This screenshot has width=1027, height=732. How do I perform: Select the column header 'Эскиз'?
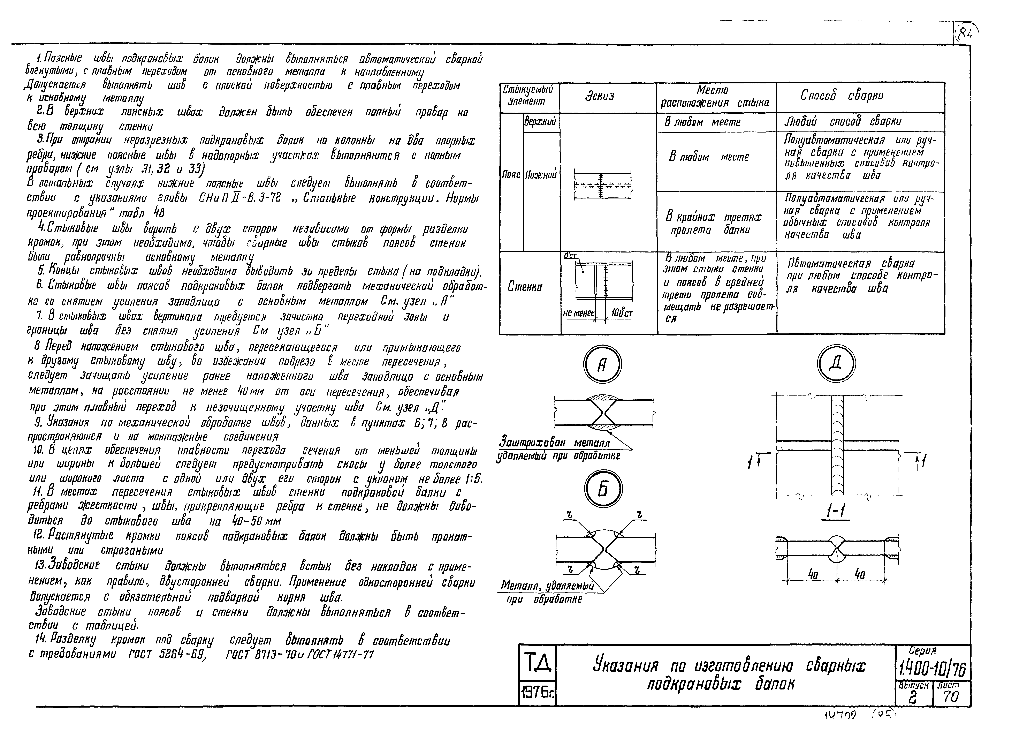(x=600, y=97)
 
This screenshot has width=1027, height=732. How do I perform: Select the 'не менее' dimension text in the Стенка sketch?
(x=579, y=312)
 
